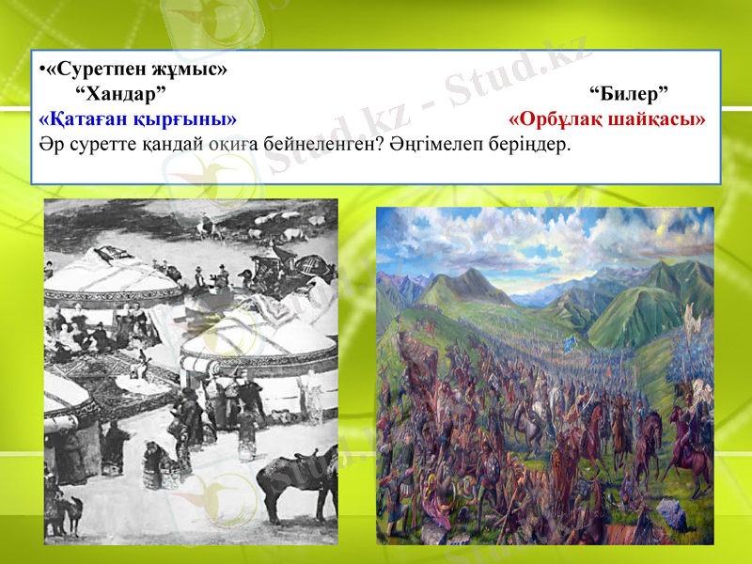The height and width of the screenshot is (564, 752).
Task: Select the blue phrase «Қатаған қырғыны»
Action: pyautogui.click(x=137, y=119)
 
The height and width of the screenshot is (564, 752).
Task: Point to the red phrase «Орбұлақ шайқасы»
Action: pyautogui.click(x=606, y=119)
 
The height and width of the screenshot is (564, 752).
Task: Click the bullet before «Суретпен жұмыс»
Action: pyautogui.click(x=42, y=70)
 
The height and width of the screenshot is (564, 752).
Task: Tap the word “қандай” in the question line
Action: pyautogui.click(x=157, y=146)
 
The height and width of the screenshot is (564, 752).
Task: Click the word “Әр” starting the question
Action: pyautogui.click(x=49, y=146)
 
